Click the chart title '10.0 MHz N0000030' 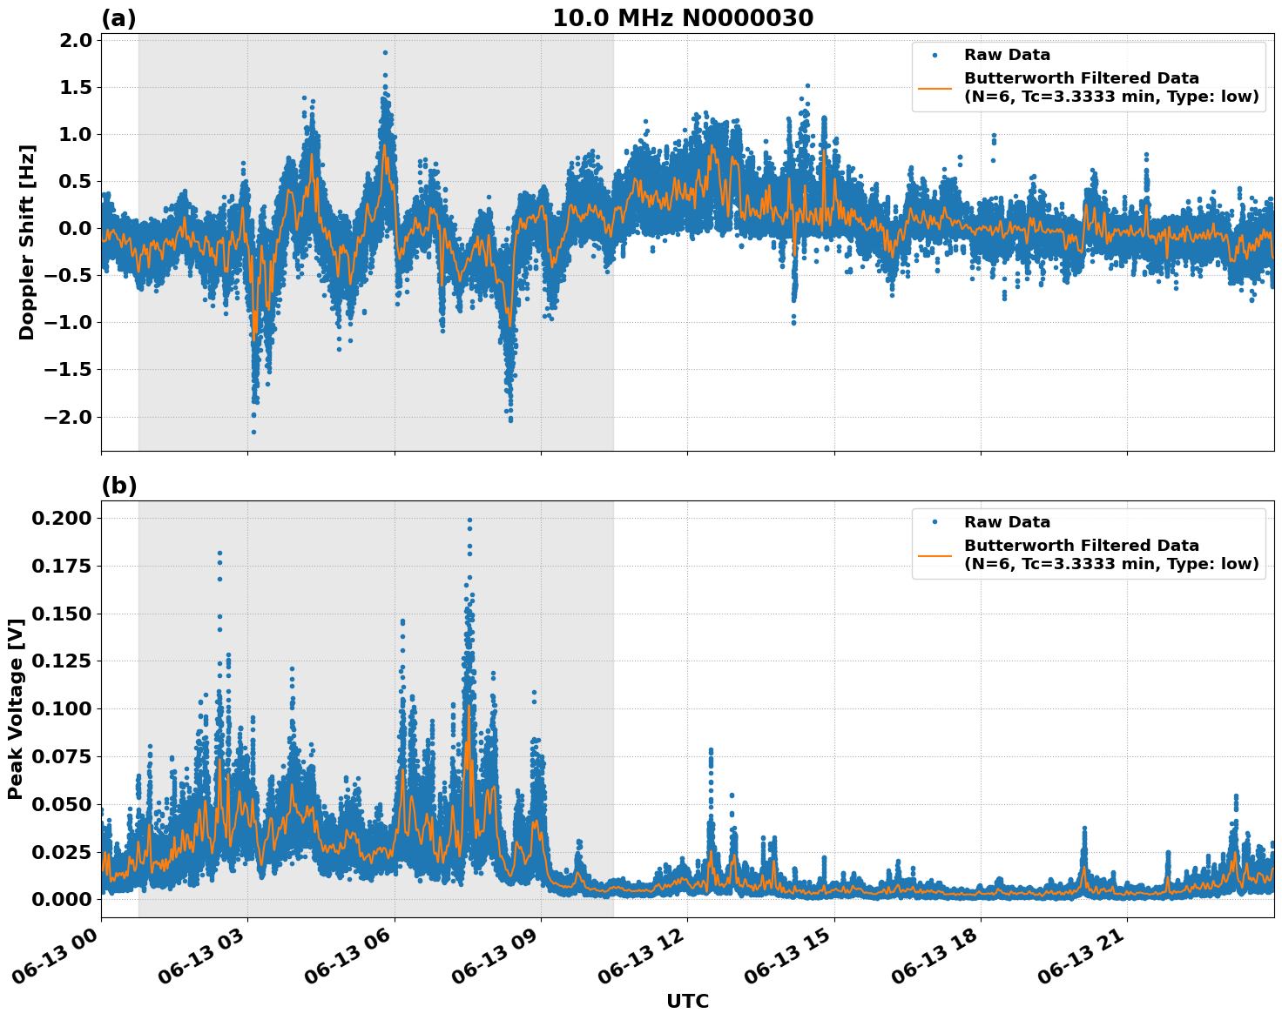[683, 18]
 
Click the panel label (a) [118, 18]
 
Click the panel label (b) [118, 486]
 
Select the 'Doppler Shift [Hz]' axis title [27, 242]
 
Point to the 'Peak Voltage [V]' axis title [15, 708]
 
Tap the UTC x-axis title [687, 1001]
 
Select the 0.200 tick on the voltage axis [63, 519]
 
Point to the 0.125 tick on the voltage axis [63, 661]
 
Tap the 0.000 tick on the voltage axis [63, 899]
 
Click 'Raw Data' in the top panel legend [1007, 55]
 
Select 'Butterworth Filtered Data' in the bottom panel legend [1081, 546]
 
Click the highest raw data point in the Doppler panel [385, 52]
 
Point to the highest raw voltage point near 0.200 [469, 520]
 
